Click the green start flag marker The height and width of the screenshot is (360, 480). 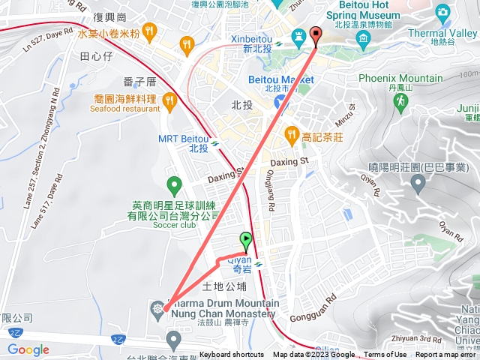click(246, 241)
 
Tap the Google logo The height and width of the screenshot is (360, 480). click(28, 349)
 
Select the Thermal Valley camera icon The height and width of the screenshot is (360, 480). click(442, 13)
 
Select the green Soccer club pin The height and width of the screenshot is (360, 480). click(174, 184)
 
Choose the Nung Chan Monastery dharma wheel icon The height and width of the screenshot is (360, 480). click(157, 307)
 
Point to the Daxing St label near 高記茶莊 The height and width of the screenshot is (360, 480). click(289, 160)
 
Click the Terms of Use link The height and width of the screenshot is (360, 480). click(385, 355)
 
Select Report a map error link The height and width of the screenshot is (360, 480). click(446, 355)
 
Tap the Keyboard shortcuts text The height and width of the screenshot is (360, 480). click(232, 355)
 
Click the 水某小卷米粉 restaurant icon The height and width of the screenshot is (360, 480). click(149, 31)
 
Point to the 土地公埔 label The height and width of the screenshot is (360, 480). click(225, 286)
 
